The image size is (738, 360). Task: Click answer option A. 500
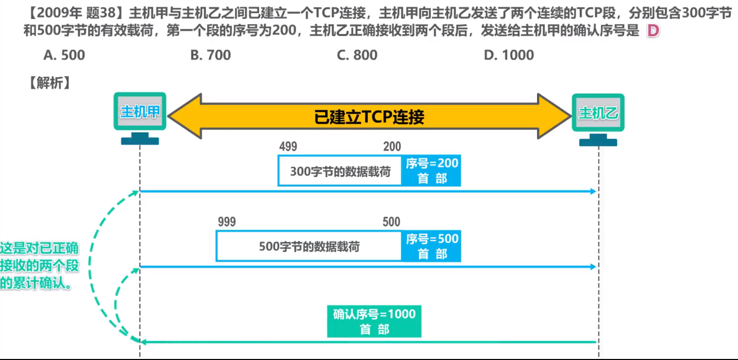64,55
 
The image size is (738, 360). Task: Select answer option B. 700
210,55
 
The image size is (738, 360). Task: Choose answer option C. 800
357,55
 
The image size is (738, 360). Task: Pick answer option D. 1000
509,55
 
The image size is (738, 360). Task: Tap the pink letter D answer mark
653,31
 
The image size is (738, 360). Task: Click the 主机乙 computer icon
598,118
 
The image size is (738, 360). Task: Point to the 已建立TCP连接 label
369,117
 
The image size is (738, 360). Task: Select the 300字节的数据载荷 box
340,171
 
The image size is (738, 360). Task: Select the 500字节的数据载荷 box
309,246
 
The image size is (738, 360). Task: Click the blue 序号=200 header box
431,171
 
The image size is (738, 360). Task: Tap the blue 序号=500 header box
431,246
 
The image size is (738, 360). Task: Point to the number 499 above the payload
288,147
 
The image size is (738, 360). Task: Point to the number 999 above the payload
227,222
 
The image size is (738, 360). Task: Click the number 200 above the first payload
392,147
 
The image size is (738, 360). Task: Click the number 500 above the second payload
391,222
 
